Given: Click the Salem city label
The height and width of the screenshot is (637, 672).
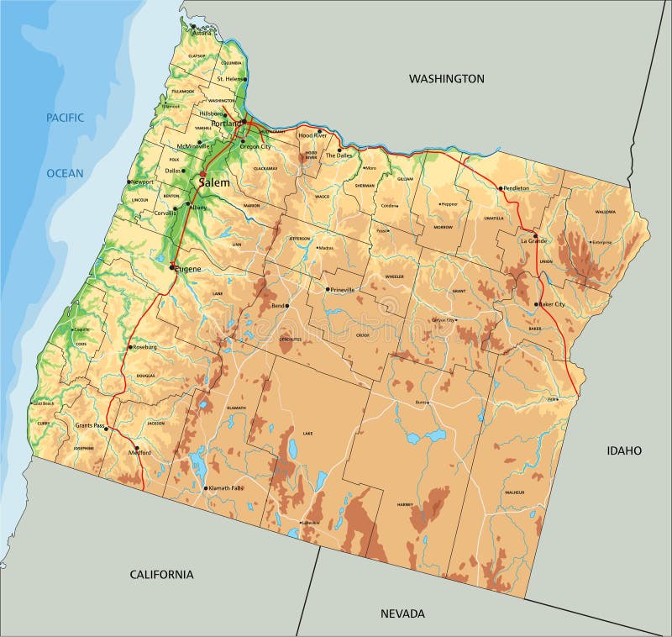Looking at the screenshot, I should click(x=215, y=182).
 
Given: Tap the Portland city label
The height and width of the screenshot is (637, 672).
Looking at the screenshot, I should click(x=226, y=124).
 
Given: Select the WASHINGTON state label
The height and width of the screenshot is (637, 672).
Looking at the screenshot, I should click(x=446, y=78).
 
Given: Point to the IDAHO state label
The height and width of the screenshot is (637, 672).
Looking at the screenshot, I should click(x=624, y=450).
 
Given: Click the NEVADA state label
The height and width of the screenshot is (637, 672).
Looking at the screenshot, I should click(x=402, y=613).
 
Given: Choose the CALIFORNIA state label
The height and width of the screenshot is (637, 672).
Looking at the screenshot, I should click(x=161, y=574).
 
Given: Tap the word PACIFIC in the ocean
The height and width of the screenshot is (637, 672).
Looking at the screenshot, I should click(x=65, y=118).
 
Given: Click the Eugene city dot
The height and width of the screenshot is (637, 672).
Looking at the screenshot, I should click(x=173, y=266).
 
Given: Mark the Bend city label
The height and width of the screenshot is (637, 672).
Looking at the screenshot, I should click(x=277, y=306).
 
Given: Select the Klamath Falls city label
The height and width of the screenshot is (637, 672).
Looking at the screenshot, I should click(x=227, y=488).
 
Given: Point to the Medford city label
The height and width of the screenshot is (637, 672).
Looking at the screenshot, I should click(x=139, y=452).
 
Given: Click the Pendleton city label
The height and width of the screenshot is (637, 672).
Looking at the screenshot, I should click(x=517, y=188).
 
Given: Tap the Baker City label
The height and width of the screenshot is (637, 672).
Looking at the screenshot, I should click(x=552, y=304).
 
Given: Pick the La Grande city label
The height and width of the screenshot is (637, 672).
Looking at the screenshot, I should click(x=534, y=240).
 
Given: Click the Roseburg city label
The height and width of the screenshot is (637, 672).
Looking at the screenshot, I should click(x=144, y=346).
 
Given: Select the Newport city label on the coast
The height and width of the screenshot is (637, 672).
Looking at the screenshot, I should click(x=143, y=182).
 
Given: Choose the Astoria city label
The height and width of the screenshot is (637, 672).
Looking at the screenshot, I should click(x=202, y=33).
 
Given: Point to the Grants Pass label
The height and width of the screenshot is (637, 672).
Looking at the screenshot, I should click(x=89, y=426).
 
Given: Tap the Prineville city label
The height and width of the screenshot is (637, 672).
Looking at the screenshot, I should click(x=343, y=290).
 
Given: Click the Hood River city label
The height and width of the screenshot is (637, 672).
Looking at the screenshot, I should click(x=318, y=134).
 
